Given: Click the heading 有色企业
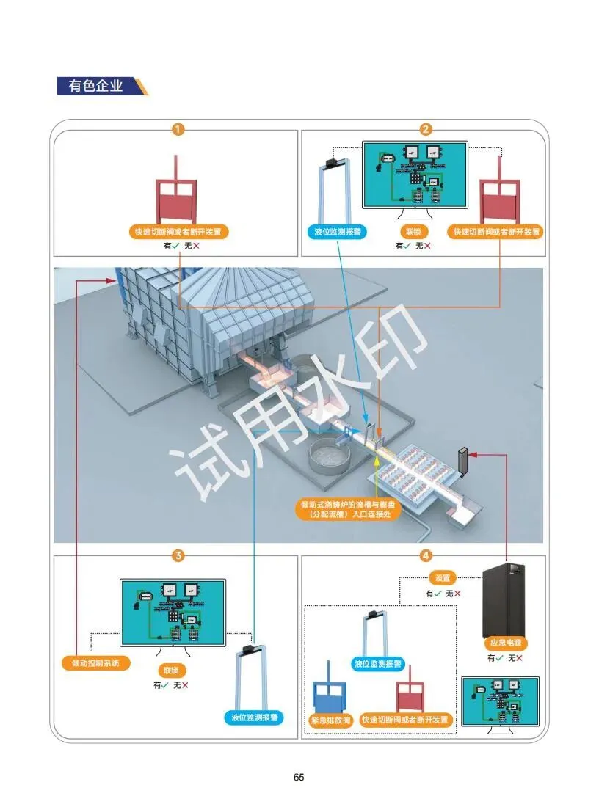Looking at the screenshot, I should pos(95,86).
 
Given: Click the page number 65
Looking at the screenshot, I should pos(299,777).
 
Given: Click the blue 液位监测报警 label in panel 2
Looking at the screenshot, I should pos(335,233).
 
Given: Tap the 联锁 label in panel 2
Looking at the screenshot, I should pos(412,233).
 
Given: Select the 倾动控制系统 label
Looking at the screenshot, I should pos(96,663).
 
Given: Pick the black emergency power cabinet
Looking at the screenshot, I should pos(504,599).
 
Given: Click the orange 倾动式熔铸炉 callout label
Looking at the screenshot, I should pos(349,510).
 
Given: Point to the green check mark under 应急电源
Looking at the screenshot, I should pos(501,658).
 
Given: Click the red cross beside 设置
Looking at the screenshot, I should pos(458,594).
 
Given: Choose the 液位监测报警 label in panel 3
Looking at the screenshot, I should pos(253,717).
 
